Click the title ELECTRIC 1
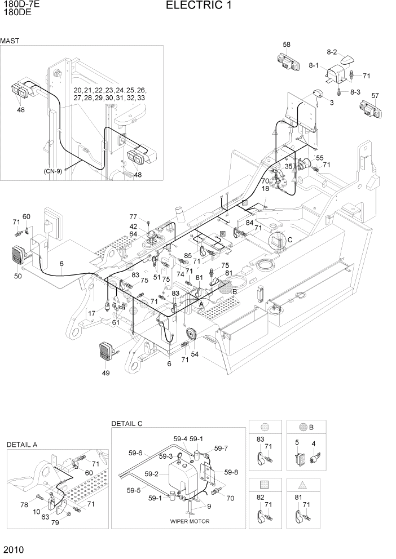198,6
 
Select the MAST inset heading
10,41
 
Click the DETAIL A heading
22,445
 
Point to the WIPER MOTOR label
190,521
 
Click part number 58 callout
287,45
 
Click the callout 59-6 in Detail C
135,452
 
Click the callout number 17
91,313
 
